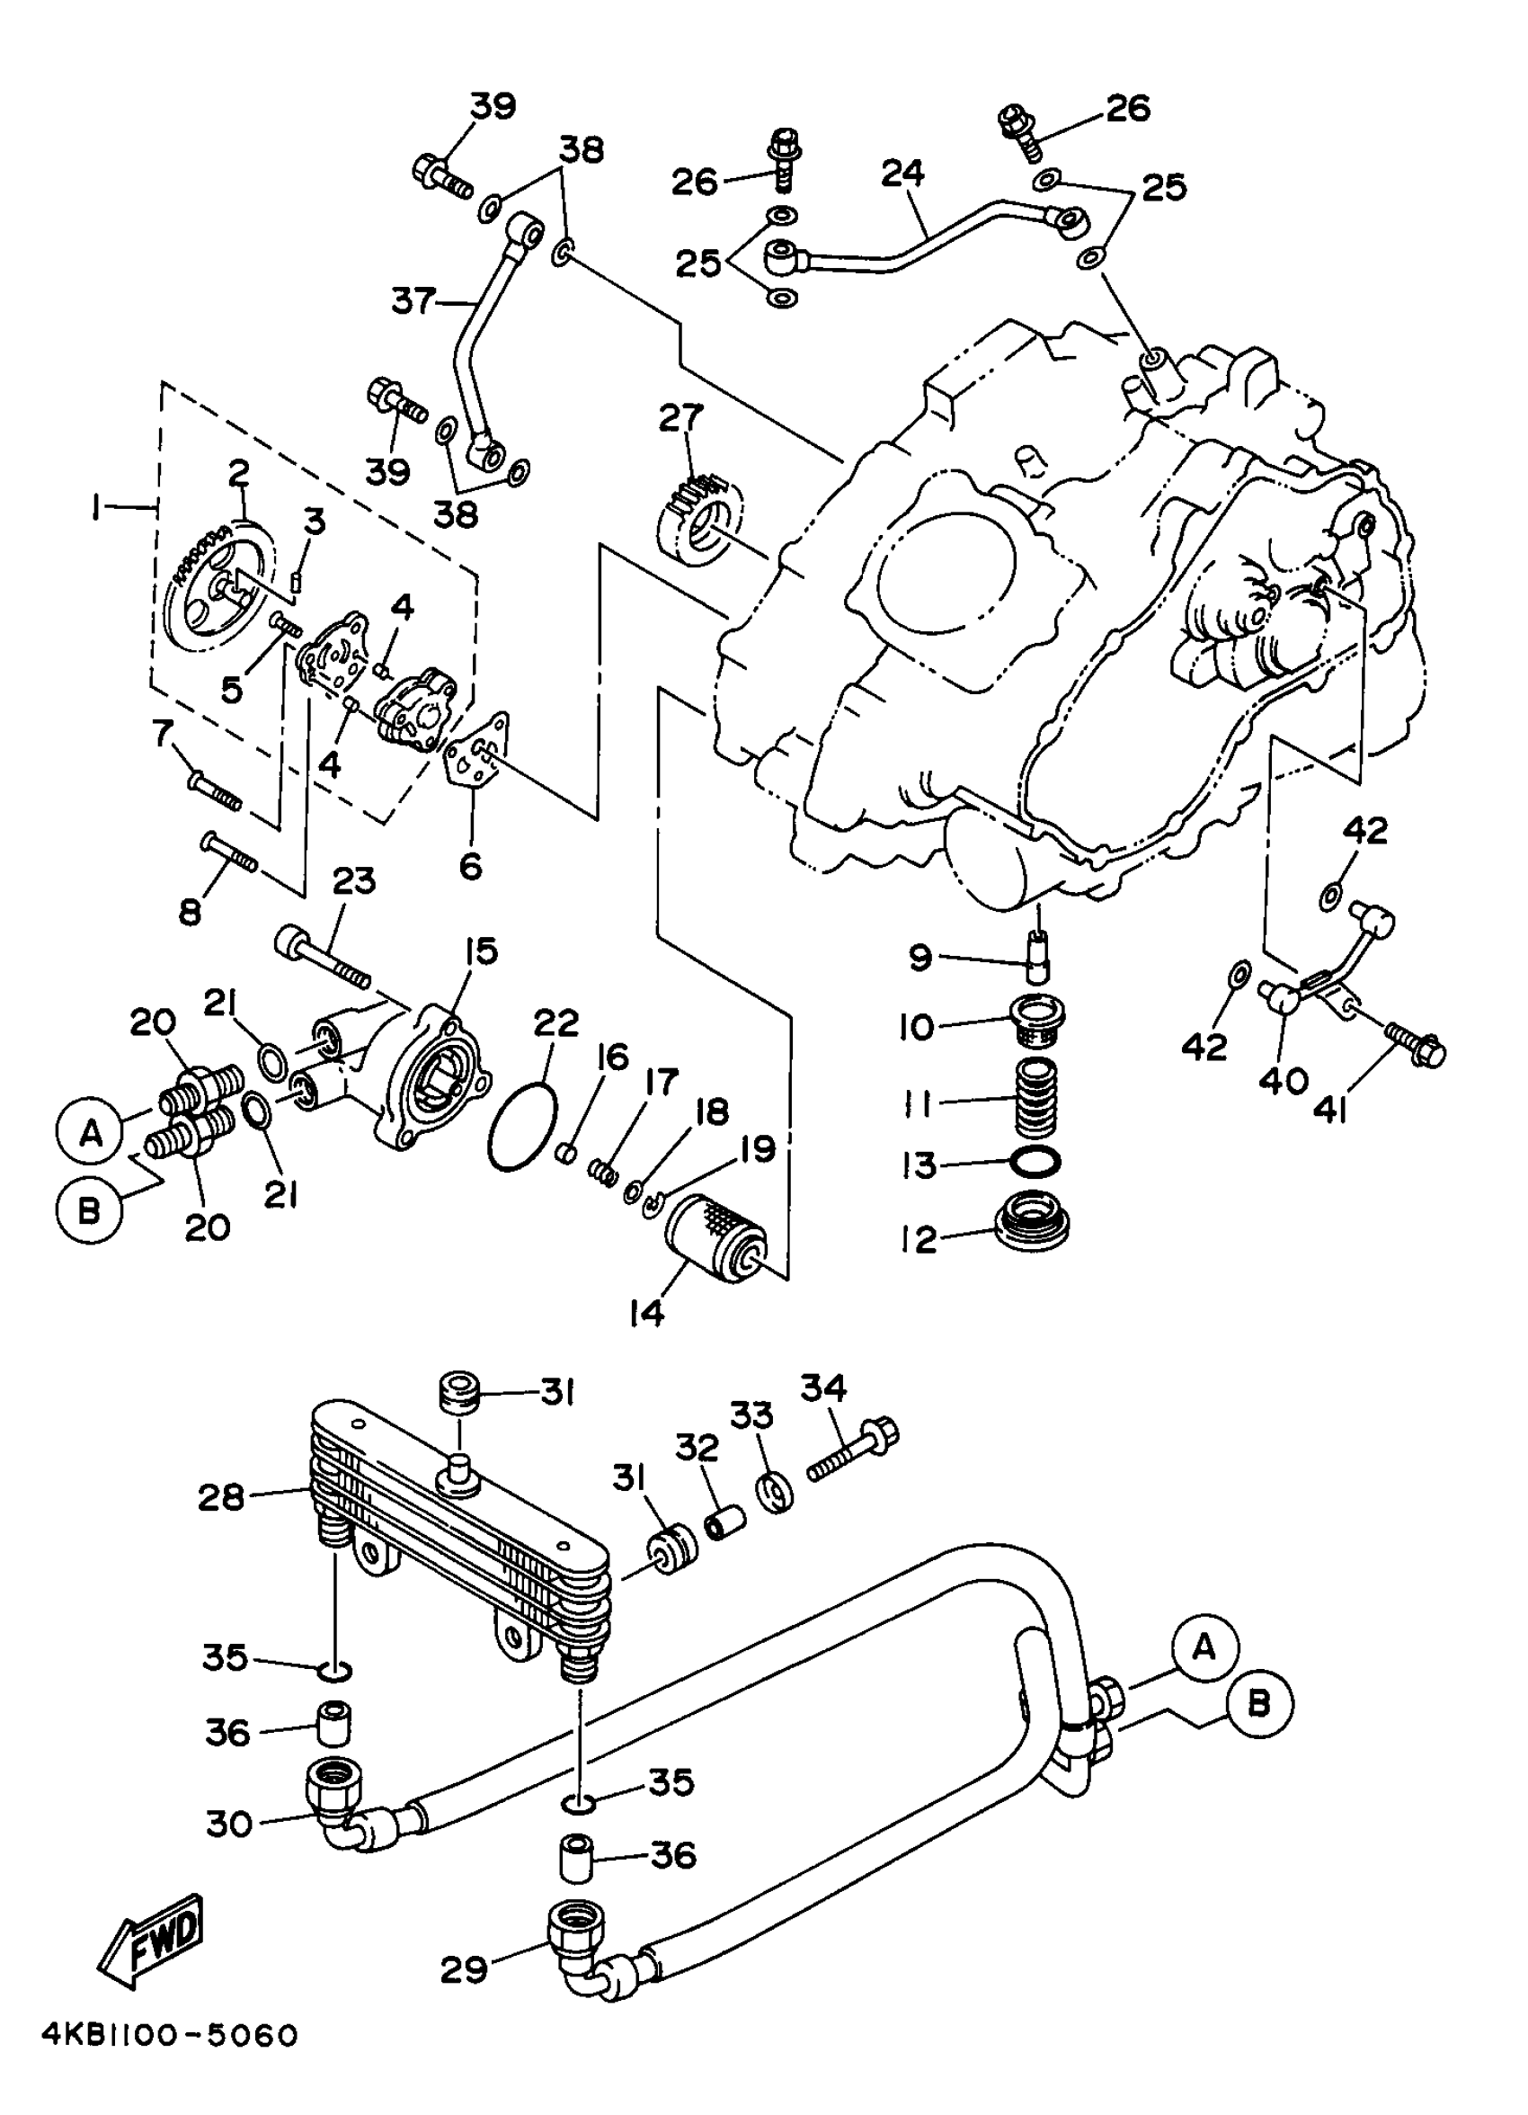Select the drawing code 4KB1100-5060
point(169,2080)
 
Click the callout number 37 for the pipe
point(413,301)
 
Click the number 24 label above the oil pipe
point(902,174)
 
